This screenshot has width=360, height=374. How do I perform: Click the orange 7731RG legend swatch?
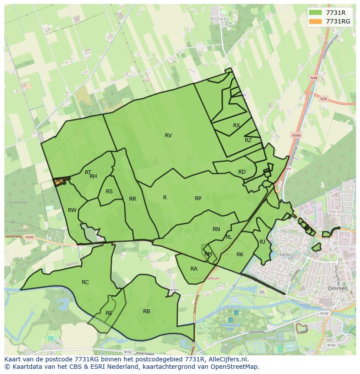click(316, 21)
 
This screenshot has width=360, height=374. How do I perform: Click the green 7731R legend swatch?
click(316, 13)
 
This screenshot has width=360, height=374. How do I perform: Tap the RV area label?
click(168, 136)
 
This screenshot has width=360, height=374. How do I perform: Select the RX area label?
click(237, 126)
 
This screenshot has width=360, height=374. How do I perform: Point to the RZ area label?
click(248, 140)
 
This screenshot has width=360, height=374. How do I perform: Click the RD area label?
click(242, 172)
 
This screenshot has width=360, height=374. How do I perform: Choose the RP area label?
click(198, 199)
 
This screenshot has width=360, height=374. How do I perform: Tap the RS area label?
click(109, 192)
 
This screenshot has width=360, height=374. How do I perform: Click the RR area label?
click(133, 199)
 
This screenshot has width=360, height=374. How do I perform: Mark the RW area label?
click(72, 210)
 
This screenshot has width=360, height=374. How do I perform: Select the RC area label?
click(85, 282)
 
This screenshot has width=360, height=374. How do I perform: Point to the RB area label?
click(147, 311)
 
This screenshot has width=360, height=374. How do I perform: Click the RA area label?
click(194, 269)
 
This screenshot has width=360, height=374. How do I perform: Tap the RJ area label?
click(262, 242)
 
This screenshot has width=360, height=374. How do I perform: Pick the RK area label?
click(240, 255)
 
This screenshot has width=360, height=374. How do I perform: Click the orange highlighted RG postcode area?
click(60, 181)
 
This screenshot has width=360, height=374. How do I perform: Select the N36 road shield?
click(323, 99)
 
